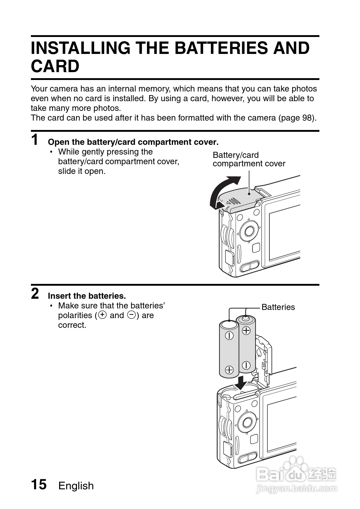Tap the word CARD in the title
tap(55, 66)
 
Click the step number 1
tap(35, 140)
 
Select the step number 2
tap(35, 294)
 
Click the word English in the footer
tap(76, 486)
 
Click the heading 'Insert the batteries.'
tap(87, 296)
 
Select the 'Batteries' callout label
tap(278, 307)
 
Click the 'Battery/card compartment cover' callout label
tap(248, 159)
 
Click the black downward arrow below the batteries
tap(242, 382)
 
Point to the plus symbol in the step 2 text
tap(103, 315)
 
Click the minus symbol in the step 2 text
tap(132, 315)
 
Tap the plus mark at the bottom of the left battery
tap(229, 370)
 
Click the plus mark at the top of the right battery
tap(246, 330)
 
